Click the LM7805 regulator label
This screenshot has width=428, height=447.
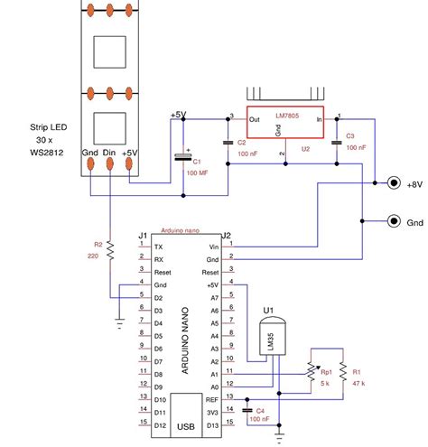(291, 117)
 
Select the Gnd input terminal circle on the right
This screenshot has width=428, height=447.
(394, 221)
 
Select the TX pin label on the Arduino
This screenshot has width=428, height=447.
(159, 245)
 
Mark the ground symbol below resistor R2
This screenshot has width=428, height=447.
(120, 321)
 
